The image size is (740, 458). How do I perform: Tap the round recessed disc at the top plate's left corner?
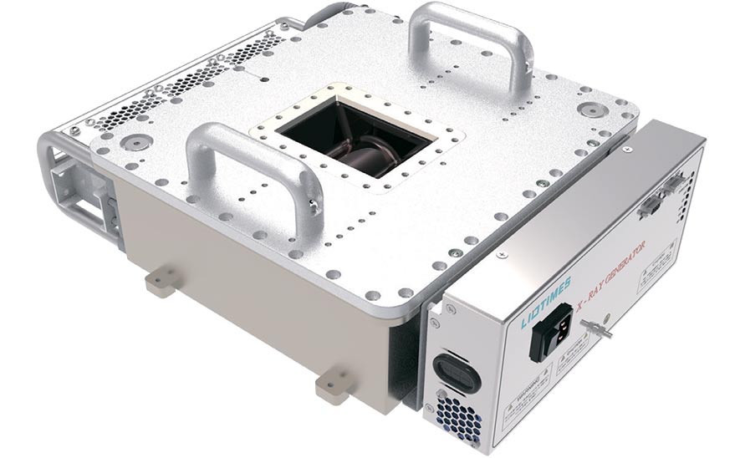[131, 141]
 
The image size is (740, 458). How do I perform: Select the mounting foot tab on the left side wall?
[161, 281]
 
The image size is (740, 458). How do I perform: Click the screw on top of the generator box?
[625, 152]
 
